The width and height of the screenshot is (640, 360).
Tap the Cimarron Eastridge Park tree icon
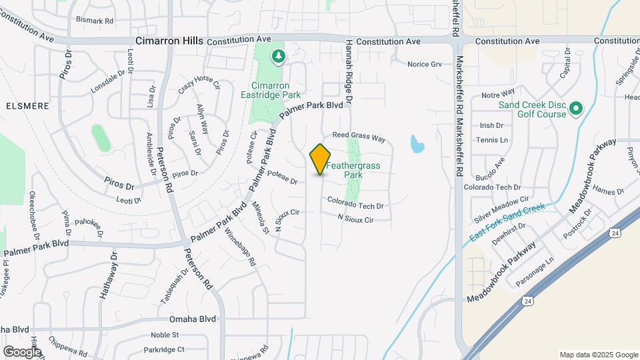tap(277, 57)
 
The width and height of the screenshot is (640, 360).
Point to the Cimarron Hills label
tap(169, 41)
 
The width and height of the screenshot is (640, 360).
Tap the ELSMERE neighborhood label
tap(24, 105)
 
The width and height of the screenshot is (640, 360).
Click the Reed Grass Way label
tap(359, 136)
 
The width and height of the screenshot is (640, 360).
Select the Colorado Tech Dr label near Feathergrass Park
tap(355, 206)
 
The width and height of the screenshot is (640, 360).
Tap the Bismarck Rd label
tap(95, 21)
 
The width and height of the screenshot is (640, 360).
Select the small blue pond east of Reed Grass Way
tap(417, 143)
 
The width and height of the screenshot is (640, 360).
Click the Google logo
tap(22, 351)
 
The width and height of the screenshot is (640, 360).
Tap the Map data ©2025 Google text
tap(598, 355)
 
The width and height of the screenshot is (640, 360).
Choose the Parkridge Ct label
tap(164, 349)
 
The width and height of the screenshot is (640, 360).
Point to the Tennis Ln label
tap(492, 140)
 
